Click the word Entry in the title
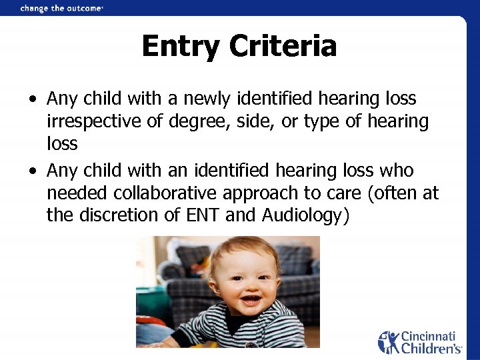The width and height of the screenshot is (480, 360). coord(181,47)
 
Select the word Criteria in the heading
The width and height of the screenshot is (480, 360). coord(283,47)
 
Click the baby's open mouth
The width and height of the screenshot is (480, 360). coord(251,299)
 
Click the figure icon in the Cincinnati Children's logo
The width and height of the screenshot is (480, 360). coord(388,342)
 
